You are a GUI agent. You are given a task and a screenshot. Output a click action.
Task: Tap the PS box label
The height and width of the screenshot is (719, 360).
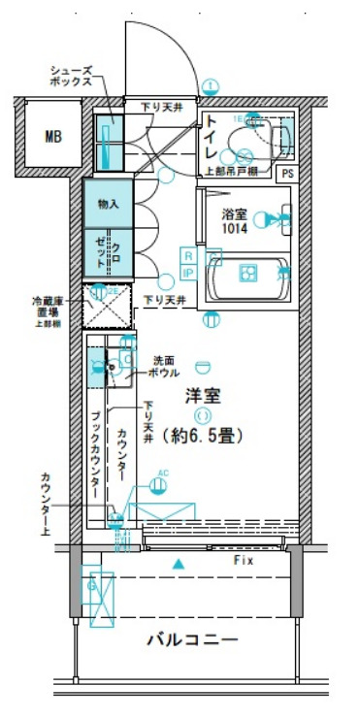point(286,173)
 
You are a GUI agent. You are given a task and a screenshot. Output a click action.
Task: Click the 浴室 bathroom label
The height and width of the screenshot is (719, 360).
point(234,213)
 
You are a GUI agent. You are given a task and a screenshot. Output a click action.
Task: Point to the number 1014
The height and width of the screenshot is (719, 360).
point(234,229)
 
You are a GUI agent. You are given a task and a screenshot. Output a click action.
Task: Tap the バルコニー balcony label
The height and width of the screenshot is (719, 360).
point(191,641)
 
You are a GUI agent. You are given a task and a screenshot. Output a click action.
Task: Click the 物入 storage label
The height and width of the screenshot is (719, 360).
point(108,204)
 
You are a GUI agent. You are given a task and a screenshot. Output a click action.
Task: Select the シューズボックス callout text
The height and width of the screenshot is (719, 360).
point(72,78)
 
